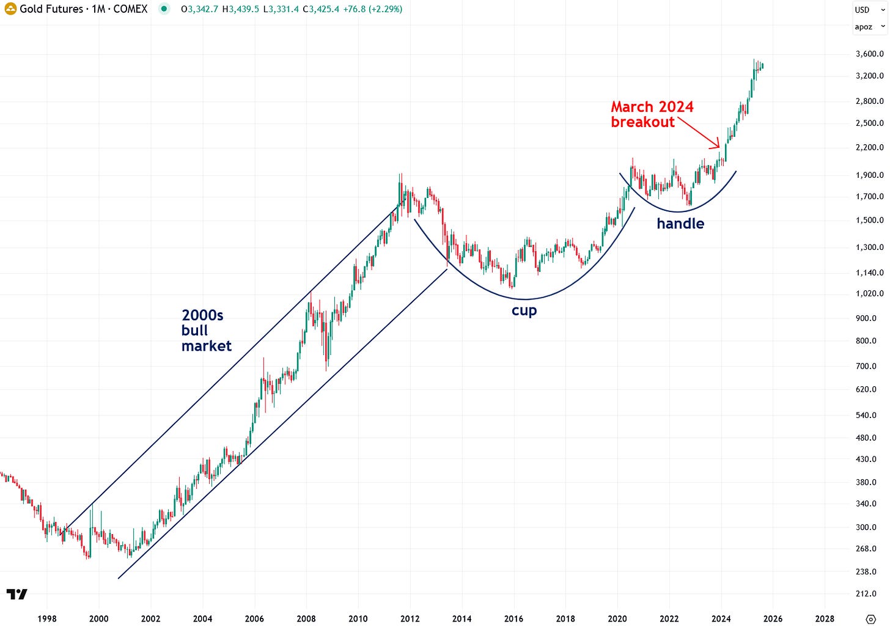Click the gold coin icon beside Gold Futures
(10, 9)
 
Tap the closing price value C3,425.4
(321, 9)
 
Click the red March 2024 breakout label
(652, 114)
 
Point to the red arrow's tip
(719, 147)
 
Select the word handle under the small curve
(680, 224)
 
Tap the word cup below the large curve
(524, 310)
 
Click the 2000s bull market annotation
(206, 331)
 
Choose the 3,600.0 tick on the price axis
(869, 54)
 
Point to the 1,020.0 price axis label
(869, 294)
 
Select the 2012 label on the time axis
(410, 618)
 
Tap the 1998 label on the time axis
(47, 618)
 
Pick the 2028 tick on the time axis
(825, 618)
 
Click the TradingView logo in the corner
(17, 594)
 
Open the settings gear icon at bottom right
(871, 619)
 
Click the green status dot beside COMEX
(164, 9)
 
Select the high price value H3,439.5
(240, 9)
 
